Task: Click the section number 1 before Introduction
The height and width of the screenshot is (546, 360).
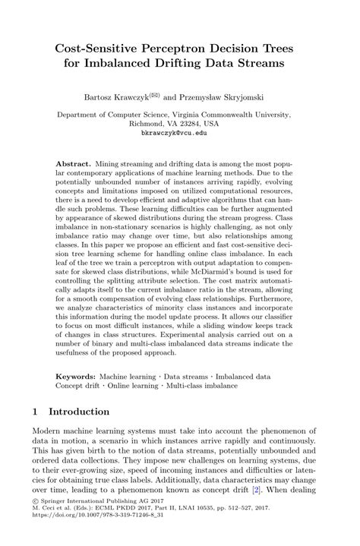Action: pos(36,412)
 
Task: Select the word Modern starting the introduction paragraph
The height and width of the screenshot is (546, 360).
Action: pos(49,431)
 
